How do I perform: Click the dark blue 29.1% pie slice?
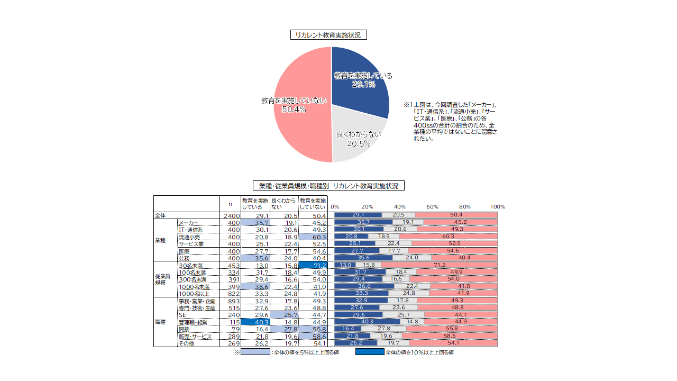click(360, 79)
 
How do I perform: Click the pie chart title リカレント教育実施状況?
click(328, 35)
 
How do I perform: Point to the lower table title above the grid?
click(328, 186)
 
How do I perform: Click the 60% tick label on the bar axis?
click(432, 207)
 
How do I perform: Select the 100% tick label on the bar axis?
click(497, 207)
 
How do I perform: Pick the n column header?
click(230, 204)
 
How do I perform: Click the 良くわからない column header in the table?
click(284, 204)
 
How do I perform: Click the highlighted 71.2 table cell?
click(313, 265)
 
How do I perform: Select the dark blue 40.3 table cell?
click(255, 322)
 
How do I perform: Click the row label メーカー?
click(189, 222)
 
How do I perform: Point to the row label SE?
click(182, 314)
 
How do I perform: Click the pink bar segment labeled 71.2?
click(439, 265)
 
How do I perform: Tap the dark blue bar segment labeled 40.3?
click(367, 322)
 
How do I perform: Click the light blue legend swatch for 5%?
click(255, 352)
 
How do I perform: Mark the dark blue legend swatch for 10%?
click(370, 352)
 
